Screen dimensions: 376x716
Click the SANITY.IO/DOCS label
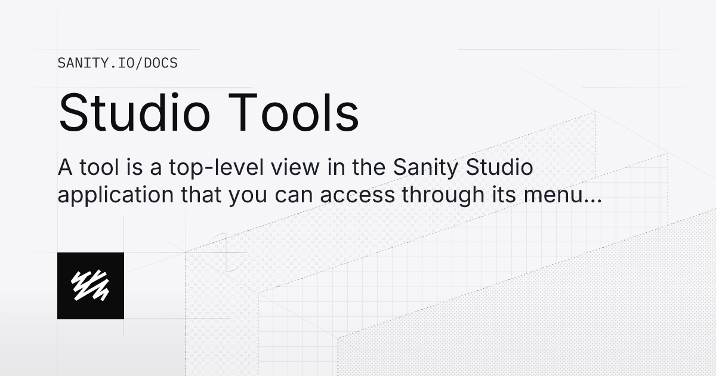point(118,63)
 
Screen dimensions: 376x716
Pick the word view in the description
point(288,168)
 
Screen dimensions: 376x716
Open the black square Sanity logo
point(91,285)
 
